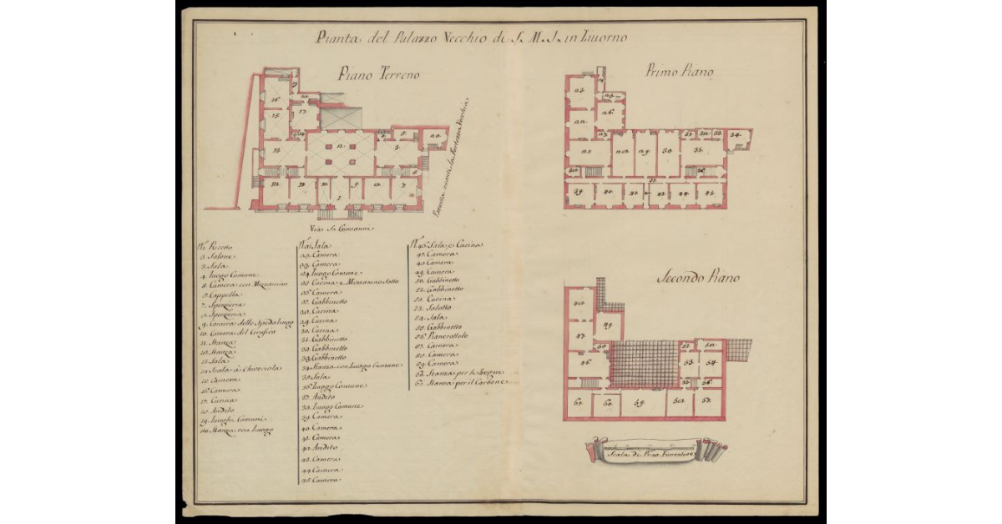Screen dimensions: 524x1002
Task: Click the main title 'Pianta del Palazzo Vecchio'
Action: tap(472, 38)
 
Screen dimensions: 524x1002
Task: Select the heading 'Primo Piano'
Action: tap(679, 73)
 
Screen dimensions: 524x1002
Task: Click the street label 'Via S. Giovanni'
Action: tap(342, 226)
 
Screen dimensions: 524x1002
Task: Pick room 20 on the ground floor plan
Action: tap(434, 136)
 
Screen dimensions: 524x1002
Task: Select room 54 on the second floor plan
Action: tap(711, 363)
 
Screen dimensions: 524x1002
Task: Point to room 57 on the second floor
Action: tap(706, 401)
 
